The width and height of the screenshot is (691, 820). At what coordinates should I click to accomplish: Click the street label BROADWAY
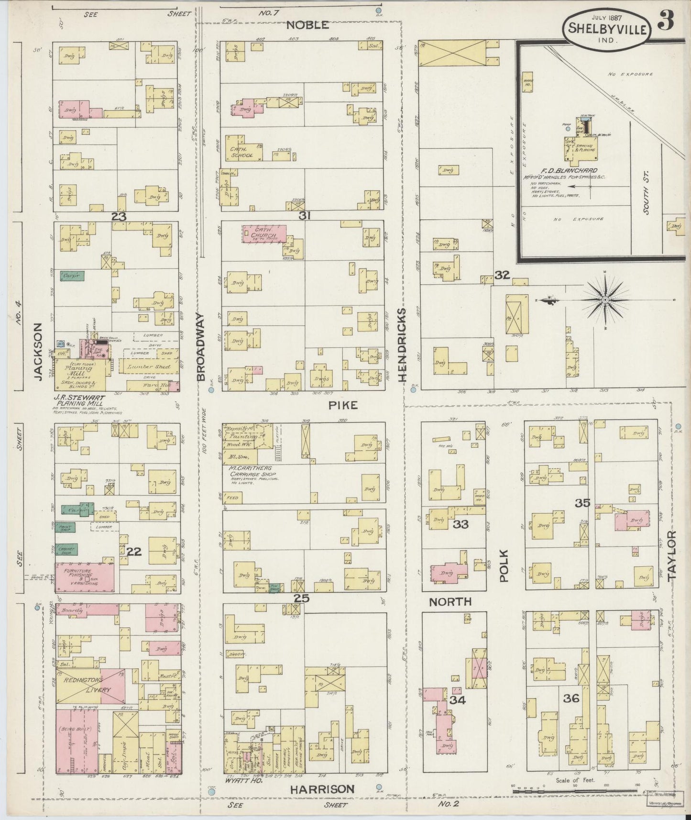point(200,347)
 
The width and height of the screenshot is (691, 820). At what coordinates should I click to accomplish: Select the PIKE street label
point(343,405)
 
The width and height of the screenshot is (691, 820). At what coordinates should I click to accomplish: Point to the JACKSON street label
point(39,351)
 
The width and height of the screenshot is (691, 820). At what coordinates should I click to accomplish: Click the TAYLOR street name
point(672,555)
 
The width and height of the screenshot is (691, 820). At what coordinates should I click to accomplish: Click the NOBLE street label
point(307,25)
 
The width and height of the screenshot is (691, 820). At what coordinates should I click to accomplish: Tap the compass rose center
point(605,299)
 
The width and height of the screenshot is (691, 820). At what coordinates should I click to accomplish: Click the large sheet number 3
point(666,21)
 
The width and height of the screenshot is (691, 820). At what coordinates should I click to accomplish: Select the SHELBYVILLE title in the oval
point(607,29)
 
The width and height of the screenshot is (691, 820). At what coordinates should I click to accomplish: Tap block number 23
point(119,217)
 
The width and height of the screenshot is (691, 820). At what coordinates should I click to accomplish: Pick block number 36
point(571,698)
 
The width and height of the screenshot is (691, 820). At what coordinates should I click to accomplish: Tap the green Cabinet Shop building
point(67,550)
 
